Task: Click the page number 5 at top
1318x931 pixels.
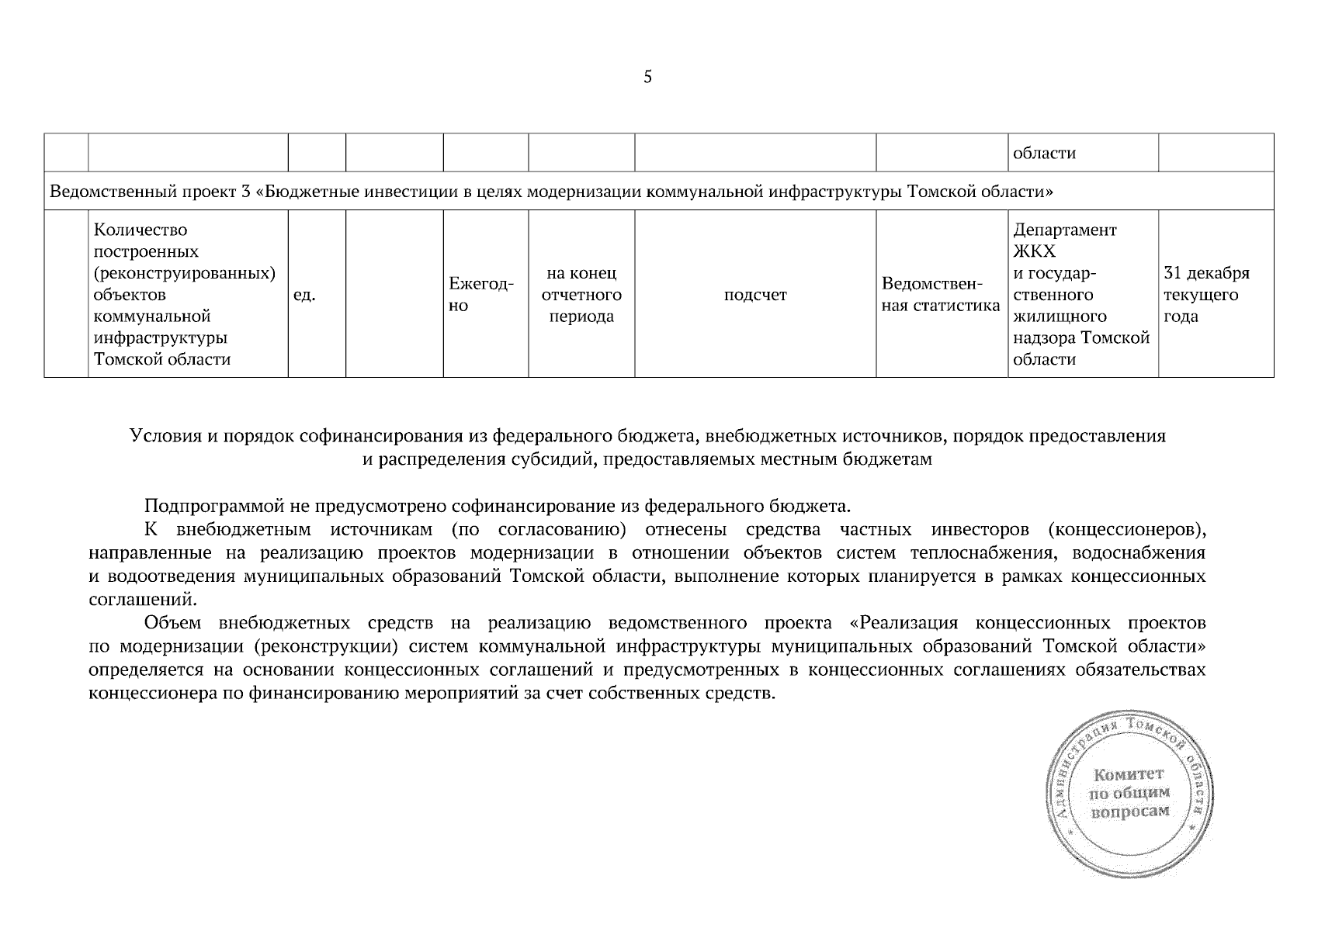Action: pyautogui.click(x=647, y=77)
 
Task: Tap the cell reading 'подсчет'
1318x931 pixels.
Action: pyautogui.click(x=754, y=295)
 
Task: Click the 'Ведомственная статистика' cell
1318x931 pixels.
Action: pyautogui.click(x=941, y=295)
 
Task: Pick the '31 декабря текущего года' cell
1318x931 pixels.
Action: pyautogui.click(x=1206, y=295)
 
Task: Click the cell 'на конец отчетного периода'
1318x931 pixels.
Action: pyautogui.click(x=581, y=295)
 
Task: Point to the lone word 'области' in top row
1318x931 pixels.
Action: pyautogui.click(x=1045, y=153)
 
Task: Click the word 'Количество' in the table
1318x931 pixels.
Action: pyautogui.click(x=140, y=230)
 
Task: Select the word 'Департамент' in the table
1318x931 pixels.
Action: pyautogui.click(x=1064, y=230)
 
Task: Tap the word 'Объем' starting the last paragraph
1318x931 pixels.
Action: pyautogui.click(x=172, y=623)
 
